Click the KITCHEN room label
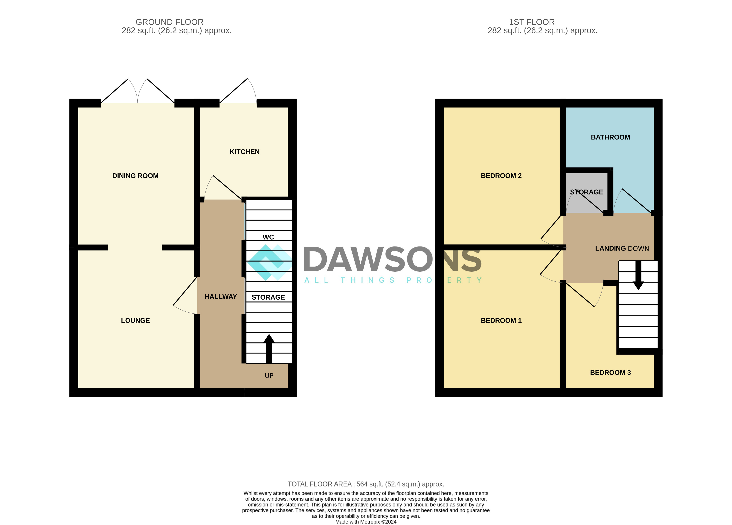[x=244, y=152]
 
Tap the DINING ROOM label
[x=135, y=176]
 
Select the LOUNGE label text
[x=135, y=320]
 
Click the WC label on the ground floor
[x=268, y=237]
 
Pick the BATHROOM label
[x=610, y=137]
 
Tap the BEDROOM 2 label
[x=501, y=176]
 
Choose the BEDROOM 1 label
[x=501, y=320]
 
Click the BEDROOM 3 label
[x=610, y=372]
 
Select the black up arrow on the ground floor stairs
[x=269, y=349]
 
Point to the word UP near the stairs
[x=269, y=376]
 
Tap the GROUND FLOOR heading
[x=169, y=22]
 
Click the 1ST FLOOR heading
[x=532, y=22]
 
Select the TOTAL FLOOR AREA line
[x=366, y=484]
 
